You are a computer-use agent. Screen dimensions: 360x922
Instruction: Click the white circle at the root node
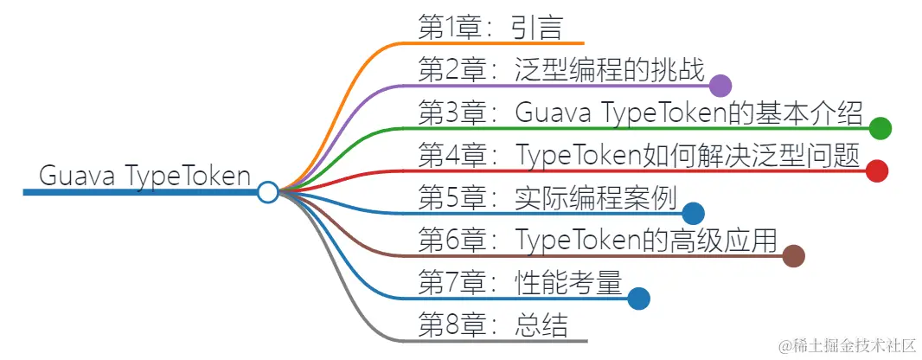click(268, 191)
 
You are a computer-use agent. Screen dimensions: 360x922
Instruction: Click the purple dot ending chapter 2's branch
click(720, 86)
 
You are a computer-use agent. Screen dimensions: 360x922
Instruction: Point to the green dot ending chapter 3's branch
click(880, 128)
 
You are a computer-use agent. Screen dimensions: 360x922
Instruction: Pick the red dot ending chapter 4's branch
click(877, 170)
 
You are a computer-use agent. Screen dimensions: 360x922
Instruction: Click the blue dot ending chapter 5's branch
click(693, 213)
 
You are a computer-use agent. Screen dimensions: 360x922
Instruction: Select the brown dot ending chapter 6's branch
click(793, 255)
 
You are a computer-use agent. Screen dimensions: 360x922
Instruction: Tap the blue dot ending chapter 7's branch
click(638, 299)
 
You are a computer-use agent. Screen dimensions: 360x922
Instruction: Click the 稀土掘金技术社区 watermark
click(846, 345)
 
